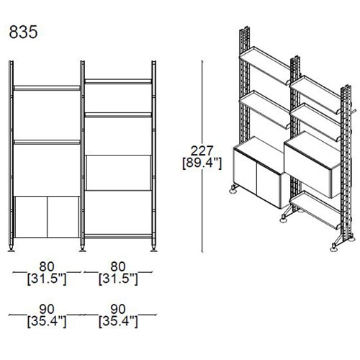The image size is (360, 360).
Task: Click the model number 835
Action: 23,32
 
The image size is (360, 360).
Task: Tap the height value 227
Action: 202,150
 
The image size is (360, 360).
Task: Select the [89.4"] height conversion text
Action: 202,163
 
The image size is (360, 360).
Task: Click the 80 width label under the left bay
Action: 47,266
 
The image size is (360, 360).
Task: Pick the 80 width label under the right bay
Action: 118,266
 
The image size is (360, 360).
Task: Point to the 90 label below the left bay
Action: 47,309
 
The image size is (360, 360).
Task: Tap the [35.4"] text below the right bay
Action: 118,322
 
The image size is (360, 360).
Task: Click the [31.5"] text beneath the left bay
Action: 47,279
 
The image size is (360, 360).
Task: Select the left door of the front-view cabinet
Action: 31,217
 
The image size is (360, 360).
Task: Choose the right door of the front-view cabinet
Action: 63,217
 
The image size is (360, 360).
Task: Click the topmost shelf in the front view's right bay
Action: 118,81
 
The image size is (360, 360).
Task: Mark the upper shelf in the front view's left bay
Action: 47,88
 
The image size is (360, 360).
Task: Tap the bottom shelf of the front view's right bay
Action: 118,237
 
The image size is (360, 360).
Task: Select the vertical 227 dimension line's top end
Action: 202,61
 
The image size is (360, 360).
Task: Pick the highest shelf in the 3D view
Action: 265,66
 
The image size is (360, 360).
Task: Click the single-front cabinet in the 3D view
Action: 312,164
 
